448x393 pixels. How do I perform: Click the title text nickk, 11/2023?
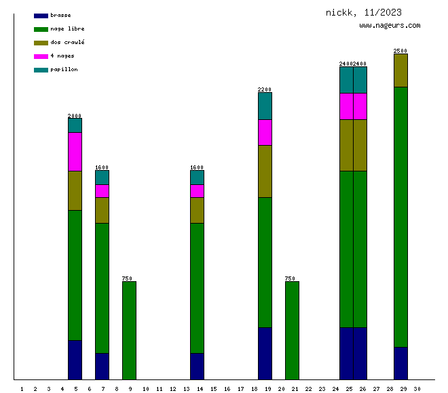pos(363,12)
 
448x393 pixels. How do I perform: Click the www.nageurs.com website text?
pos(390,26)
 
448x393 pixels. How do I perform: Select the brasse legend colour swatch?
pos(41,16)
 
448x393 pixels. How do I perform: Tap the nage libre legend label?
pos(67,29)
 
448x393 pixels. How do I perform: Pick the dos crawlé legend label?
pos(67,43)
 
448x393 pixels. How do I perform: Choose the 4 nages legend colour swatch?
pos(41,56)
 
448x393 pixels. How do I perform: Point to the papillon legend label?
pos(64,70)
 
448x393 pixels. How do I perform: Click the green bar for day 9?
pos(129,330)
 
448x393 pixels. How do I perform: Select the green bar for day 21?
pos(292,330)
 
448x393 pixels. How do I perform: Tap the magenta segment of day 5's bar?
pos(75,152)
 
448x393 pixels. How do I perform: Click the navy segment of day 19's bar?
pos(265,353)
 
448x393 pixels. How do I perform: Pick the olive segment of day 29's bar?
pos(400,70)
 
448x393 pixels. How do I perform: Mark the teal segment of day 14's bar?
pos(197,177)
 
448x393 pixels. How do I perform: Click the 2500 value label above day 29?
pos(400,51)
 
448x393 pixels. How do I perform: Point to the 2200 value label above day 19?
pos(265,89)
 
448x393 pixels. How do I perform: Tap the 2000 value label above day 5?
pos(75,116)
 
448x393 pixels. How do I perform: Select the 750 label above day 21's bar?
pos(290,278)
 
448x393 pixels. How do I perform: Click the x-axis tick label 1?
pos(22,388)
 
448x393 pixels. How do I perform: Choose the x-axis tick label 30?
pos(417,388)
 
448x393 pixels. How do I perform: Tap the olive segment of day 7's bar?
pos(102,210)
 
